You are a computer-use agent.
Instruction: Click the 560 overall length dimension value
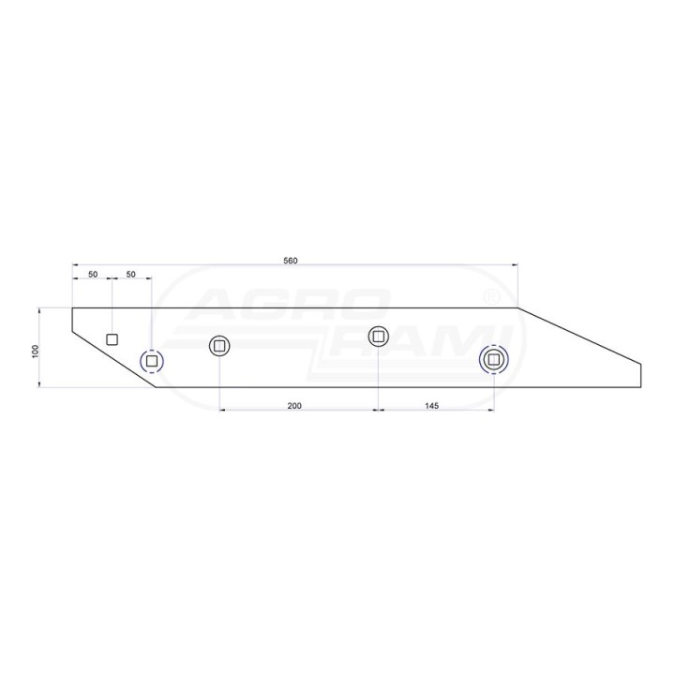coord(291,261)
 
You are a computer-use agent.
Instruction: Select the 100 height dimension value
coord(36,351)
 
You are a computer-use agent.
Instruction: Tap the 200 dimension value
coord(294,406)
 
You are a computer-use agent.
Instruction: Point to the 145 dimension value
coord(431,406)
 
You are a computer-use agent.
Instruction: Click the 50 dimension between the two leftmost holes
coord(131,274)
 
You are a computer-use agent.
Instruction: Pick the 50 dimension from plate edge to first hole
coord(93,274)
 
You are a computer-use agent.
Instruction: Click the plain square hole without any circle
coord(112,339)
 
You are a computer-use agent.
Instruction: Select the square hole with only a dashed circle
coord(152,361)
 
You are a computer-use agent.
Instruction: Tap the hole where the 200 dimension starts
coord(219,346)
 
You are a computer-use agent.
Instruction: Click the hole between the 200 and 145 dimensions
coord(379,336)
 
